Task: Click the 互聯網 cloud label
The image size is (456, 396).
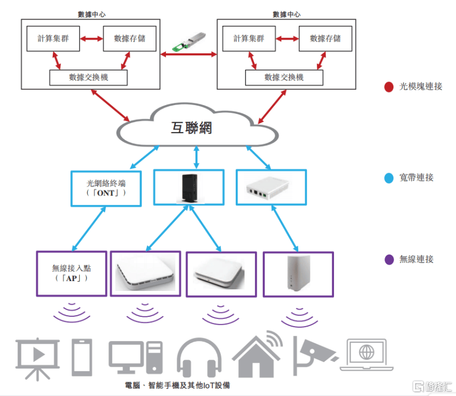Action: point(191,129)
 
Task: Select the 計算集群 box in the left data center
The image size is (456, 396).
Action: point(52,38)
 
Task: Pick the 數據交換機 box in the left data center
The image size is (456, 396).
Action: point(88,78)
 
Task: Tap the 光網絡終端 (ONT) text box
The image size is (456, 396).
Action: point(106,188)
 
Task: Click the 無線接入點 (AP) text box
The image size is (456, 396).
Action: point(71,273)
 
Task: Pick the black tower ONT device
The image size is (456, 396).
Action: point(188,189)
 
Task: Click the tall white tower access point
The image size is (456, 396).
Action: point(297,273)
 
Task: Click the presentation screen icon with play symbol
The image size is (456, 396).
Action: point(37,358)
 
